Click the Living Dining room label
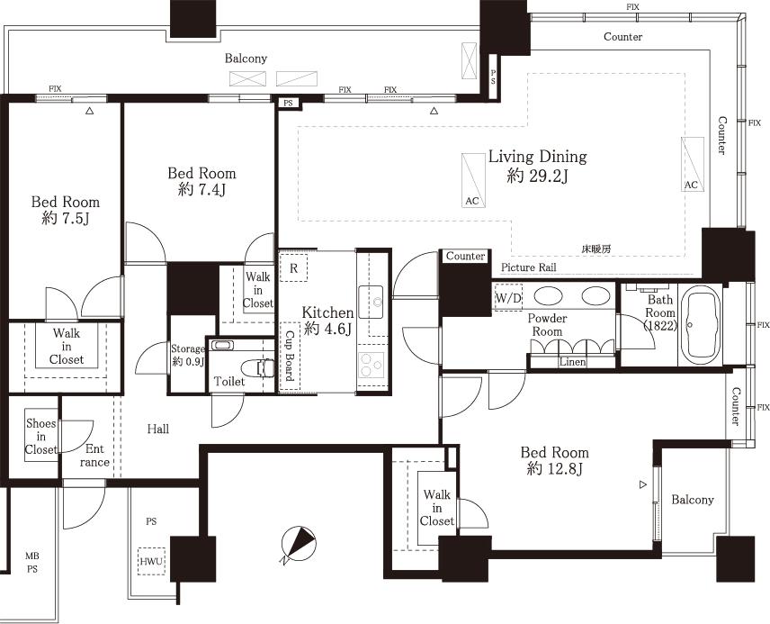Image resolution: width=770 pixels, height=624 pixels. coord(537,167)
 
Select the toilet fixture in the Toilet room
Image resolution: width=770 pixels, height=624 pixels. coord(263,367)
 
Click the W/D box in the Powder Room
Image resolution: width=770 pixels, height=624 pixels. coord(507,297)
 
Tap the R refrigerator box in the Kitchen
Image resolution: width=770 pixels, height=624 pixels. coord(293,267)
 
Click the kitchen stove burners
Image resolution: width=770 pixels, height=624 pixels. coord(372,365)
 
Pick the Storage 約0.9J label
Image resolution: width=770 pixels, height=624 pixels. coord(189,355)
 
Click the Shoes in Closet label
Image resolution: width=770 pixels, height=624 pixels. coord(40,437)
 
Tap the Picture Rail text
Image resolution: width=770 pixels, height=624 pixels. coord(528,267)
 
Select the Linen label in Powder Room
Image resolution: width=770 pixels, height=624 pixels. coord(572,362)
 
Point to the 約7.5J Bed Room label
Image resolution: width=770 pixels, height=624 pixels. coord(65,211)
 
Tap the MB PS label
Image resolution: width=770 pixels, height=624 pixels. coord(31,563)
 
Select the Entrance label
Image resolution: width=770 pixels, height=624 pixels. coord(94,455)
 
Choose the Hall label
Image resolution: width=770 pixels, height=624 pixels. coord(157,429)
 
